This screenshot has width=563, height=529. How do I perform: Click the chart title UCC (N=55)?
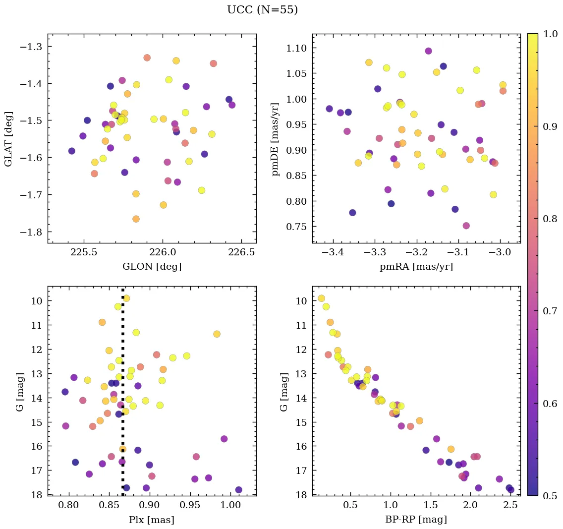(x=262, y=10)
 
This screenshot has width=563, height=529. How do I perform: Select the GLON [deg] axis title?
(x=152, y=267)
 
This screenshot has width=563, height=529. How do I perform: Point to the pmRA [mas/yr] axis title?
(x=416, y=267)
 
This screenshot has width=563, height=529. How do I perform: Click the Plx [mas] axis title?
(x=152, y=520)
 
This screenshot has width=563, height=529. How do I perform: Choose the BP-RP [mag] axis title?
(x=416, y=520)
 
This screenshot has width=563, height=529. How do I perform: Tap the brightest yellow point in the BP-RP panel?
(x=321, y=298)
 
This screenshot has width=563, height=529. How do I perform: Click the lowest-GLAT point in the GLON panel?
(x=136, y=219)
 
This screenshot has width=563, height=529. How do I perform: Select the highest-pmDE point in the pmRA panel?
(x=428, y=51)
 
